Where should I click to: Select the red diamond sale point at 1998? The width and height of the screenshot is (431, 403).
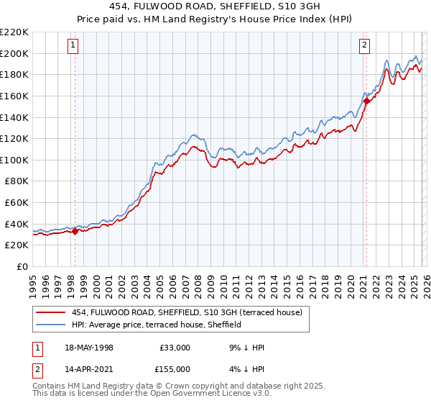coord(75,231)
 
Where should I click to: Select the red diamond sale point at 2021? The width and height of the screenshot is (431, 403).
coord(366,101)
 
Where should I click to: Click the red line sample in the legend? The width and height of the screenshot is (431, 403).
coord(51,312)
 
